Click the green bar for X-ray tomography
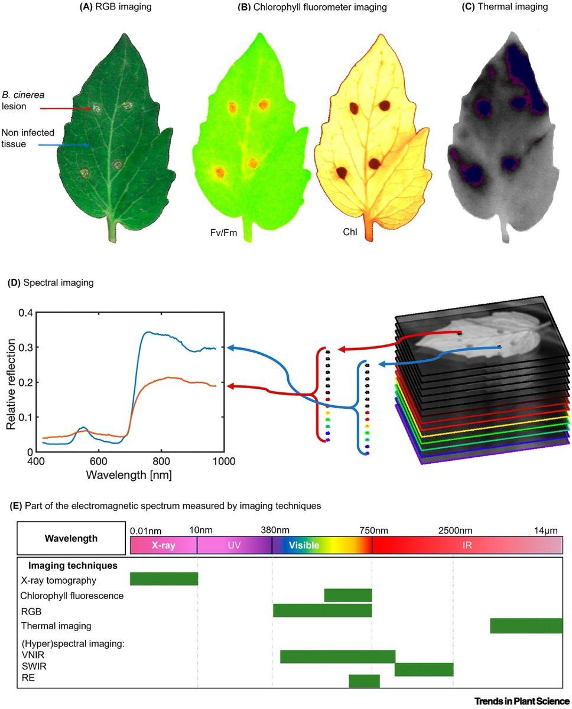(164, 578)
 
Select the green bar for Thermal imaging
(526, 625)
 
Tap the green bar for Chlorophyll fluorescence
(348, 595)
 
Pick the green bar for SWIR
(424, 669)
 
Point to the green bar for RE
(364, 681)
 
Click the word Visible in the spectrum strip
(304, 545)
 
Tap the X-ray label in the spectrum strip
(163, 545)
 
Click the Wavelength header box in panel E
(71, 538)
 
